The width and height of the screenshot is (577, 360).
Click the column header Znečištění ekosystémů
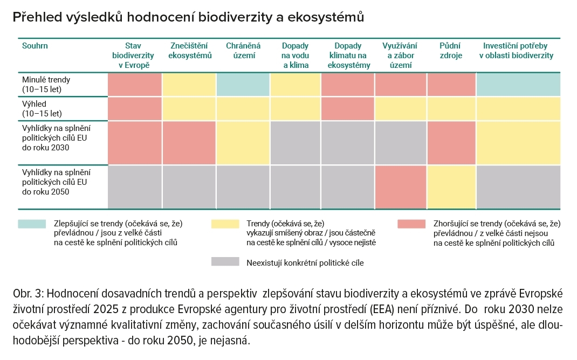click(189, 51)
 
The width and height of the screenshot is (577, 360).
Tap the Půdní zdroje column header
click(451, 51)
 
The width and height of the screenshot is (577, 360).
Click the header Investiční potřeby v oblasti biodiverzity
click(518, 51)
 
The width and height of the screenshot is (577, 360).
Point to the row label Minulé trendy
click(46, 79)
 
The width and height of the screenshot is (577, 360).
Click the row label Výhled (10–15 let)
click(42, 108)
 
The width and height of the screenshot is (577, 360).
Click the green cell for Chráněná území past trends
click(243, 84)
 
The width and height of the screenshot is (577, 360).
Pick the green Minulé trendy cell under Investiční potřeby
click(518, 84)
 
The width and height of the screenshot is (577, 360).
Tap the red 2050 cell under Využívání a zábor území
click(400, 186)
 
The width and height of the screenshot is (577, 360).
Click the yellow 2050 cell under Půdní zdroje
click(451, 186)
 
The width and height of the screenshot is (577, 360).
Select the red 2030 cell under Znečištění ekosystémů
click(189, 142)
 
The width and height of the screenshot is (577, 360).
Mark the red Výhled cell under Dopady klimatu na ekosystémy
click(348, 108)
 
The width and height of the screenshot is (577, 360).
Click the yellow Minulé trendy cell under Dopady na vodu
click(295, 84)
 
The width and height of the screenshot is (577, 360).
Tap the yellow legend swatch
click(225, 224)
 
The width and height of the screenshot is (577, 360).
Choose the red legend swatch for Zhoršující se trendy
click(411, 224)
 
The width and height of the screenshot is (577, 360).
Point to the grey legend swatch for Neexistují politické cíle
click(225, 262)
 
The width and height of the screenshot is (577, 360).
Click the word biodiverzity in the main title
click(233, 17)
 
